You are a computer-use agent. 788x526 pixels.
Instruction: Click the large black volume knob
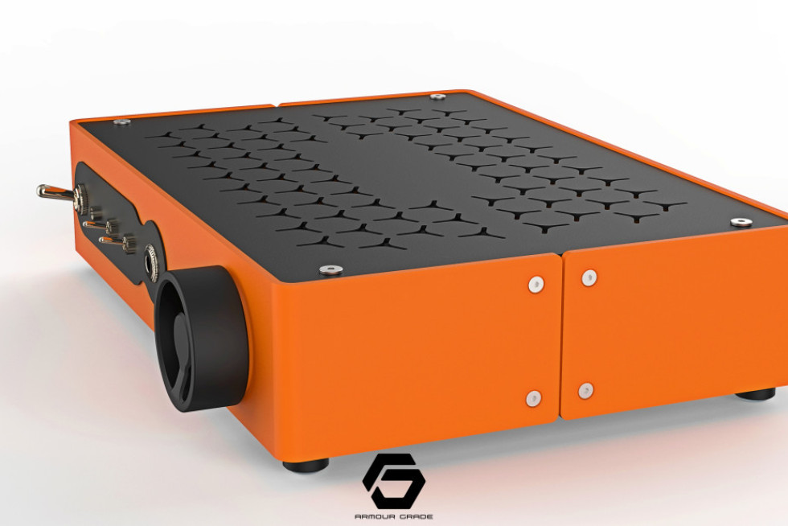click(x=202, y=338)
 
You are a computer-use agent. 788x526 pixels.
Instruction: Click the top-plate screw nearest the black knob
click(x=331, y=270)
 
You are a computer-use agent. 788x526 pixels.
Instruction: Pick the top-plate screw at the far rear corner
click(x=437, y=97)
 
